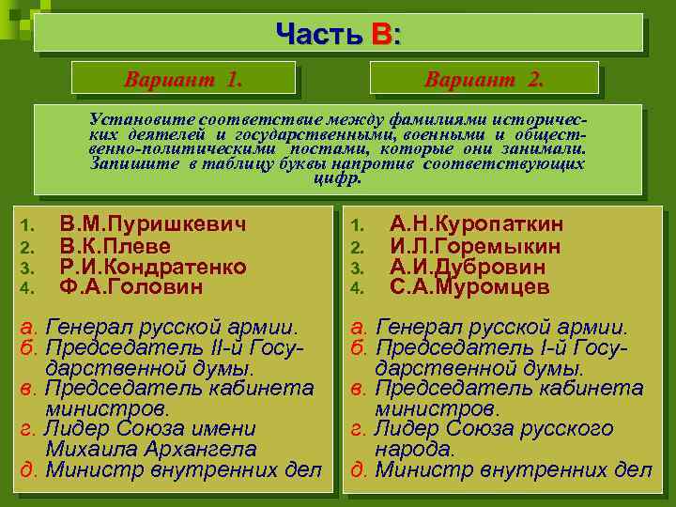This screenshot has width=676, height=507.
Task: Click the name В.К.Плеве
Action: (115, 246)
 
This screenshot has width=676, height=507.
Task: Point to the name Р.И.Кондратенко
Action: (153, 267)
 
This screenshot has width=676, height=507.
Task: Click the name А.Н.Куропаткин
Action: (476, 224)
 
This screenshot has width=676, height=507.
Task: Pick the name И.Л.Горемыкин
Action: (475, 246)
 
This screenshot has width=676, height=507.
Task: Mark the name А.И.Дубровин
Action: (468, 267)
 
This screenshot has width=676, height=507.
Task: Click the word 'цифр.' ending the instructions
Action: (336, 177)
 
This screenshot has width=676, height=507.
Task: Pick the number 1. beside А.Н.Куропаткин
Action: (357, 225)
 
